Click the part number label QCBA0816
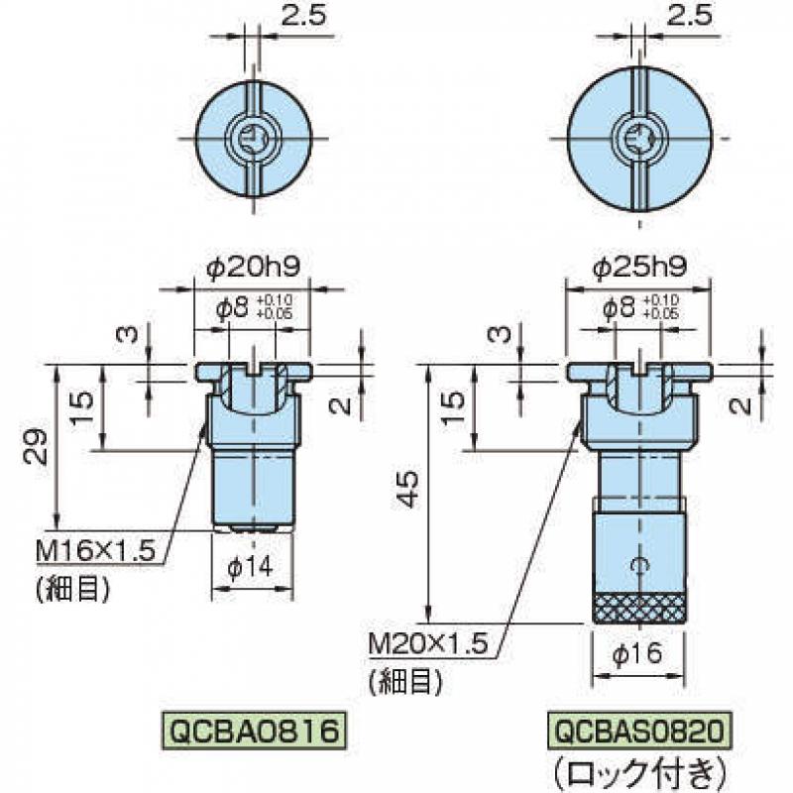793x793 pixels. pos(254,731)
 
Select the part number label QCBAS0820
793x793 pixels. pos(639,731)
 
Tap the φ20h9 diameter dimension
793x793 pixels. pos(253,266)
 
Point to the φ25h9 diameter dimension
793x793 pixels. pos(639,266)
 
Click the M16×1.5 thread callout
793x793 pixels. pos(95,551)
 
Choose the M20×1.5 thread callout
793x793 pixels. pos(428,644)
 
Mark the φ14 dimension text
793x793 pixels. pos(250,568)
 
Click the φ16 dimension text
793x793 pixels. pos(636,654)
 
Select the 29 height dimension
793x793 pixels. pos(36,447)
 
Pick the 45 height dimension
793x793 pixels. pos(407,489)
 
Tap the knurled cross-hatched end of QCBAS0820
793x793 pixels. pos(639,609)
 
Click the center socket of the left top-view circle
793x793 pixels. pos(253,139)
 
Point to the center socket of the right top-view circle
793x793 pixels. pos(639,138)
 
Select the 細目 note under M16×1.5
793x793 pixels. pos(72,588)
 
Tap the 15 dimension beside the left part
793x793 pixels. pos(82,408)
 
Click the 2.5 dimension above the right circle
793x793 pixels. pos(689,16)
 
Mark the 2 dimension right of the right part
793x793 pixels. pos(741,405)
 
